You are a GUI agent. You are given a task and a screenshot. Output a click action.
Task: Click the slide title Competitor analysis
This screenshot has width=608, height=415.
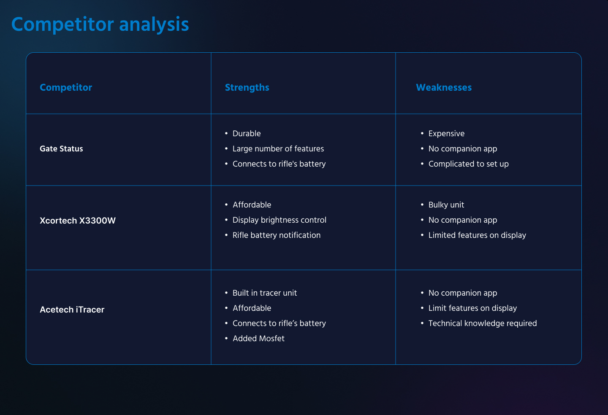[100, 25]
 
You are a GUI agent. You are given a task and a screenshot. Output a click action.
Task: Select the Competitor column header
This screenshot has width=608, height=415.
[66, 88]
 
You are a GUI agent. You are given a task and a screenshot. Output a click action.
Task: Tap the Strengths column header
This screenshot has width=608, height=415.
[247, 88]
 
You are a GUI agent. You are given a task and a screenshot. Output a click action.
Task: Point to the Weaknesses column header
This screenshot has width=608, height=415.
[444, 88]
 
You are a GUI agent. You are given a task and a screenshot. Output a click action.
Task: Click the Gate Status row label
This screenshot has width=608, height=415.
[61, 148]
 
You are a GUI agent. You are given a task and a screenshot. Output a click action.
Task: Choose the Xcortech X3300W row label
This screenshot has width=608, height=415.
[78, 221]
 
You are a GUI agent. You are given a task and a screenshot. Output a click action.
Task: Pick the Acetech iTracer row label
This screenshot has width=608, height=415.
[72, 309]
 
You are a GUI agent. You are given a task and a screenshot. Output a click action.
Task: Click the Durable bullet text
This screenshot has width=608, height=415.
[247, 133]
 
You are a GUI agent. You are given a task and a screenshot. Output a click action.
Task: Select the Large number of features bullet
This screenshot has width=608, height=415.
[278, 148]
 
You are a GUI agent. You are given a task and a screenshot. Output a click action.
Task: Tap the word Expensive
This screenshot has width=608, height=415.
[447, 134]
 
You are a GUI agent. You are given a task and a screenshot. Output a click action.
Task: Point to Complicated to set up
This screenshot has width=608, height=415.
[469, 164]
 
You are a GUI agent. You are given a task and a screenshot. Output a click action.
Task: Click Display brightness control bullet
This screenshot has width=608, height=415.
[280, 220]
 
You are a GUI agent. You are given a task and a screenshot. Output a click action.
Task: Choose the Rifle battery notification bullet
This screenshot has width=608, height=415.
[276, 235]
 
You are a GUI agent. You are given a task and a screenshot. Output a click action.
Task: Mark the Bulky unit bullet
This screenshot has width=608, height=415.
[446, 205]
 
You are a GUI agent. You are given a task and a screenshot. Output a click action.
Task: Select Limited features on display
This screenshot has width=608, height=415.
[477, 235]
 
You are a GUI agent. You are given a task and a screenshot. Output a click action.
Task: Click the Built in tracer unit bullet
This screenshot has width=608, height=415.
[265, 293]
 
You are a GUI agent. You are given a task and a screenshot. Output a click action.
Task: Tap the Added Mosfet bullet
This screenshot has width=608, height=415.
[258, 338]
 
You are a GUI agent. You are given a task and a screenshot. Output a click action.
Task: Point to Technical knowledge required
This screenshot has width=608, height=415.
[483, 323]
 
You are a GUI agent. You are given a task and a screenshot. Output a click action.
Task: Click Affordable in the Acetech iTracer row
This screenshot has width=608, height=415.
[252, 308]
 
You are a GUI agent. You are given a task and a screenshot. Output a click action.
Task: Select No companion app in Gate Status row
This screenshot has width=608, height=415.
[463, 149]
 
